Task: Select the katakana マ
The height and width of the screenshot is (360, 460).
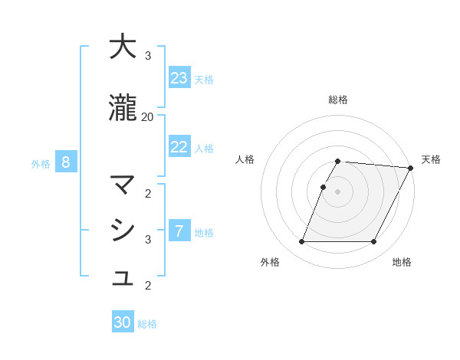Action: click(123, 185)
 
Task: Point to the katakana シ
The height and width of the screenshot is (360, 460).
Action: click(123, 230)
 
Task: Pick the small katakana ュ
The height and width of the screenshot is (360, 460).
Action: click(123, 278)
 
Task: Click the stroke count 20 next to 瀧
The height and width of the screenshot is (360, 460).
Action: click(147, 116)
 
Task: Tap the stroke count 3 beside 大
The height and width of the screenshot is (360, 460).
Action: click(148, 56)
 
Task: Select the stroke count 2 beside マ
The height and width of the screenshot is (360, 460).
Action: click(148, 193)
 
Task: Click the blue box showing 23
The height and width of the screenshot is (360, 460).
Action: click(179, 78)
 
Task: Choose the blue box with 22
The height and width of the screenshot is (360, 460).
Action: click(179, 147)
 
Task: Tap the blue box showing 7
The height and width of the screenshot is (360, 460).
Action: click(179, 231)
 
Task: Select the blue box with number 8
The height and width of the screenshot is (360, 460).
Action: click(66, 162)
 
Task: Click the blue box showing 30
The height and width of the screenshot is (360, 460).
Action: click(123, 322)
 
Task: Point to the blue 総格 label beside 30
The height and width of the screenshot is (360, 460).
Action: click(147, 324)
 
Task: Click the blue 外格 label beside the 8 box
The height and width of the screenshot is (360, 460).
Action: click(41, 163)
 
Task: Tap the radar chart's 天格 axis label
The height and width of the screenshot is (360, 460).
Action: click(431, 159)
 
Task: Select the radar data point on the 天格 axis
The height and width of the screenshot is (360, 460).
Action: click(410, 168)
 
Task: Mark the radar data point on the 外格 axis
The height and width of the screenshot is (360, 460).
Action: click(301, 242)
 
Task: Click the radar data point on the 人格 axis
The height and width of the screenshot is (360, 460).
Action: click(323, 187)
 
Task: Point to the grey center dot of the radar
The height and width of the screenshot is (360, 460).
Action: click(337, 191)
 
